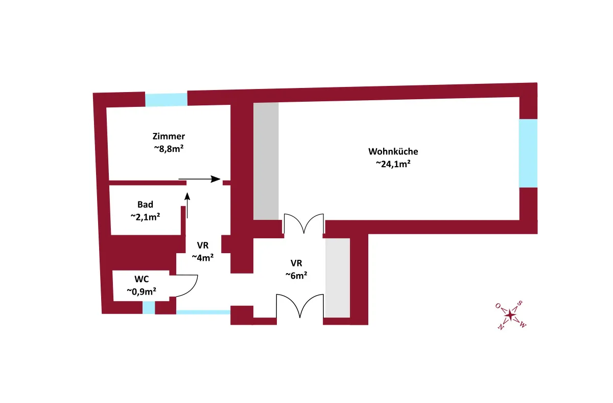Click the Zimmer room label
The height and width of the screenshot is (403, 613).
tap(169, 137)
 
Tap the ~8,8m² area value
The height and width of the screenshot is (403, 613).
tap(169, 149)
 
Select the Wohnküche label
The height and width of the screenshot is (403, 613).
tap(393, 151)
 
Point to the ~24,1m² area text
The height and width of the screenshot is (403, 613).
tap(393, 164)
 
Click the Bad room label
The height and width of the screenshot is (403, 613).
tap(145, 205)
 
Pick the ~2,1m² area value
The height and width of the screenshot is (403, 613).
tap(146, 217)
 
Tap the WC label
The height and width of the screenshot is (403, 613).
tap(142, 279)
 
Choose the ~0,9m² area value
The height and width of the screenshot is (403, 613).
tap(141, 292)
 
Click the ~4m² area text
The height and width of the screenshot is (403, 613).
tap(202, 258)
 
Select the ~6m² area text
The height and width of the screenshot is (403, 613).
tap(296, 276)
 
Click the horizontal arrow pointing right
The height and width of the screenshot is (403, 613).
tap(200, 180)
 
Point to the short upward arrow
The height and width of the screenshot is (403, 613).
tap(187, 205)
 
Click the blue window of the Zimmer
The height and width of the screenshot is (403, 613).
tap(166, 99)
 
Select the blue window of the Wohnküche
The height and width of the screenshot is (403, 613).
tap(528, 153)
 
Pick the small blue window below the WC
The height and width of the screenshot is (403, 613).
tap(149, 308)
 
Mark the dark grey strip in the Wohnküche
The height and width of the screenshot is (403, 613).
tap(266, 161)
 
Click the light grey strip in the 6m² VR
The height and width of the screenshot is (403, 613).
tap(338, 278)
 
